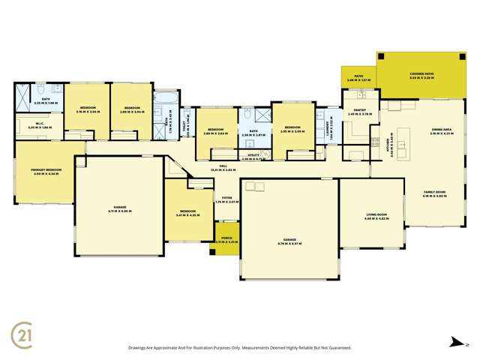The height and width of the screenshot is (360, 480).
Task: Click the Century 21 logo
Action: (x=22, y=333)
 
